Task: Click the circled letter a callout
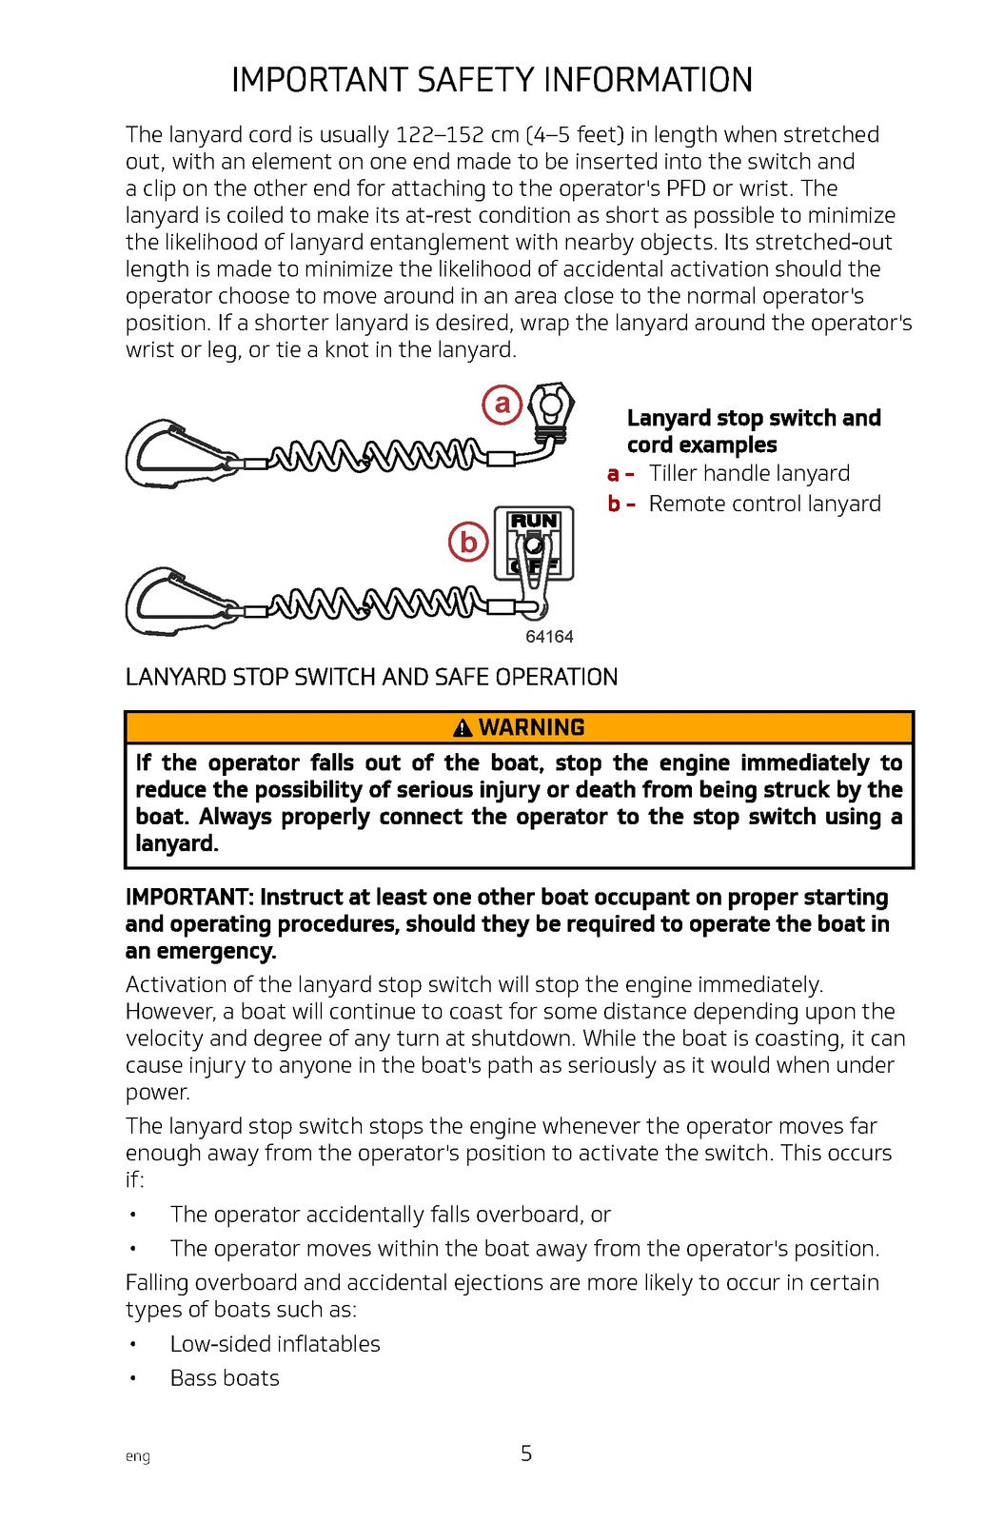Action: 502,405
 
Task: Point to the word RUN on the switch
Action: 534,521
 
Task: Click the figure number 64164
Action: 549,637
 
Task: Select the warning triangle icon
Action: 463,728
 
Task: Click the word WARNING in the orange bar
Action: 532,727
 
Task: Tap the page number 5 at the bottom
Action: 526,1454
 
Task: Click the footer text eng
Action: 137,1456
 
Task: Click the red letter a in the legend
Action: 613,473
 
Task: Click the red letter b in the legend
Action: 614,504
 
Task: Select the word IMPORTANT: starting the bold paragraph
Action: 189,898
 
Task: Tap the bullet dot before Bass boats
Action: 133,1378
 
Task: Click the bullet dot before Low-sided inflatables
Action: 133,1344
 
